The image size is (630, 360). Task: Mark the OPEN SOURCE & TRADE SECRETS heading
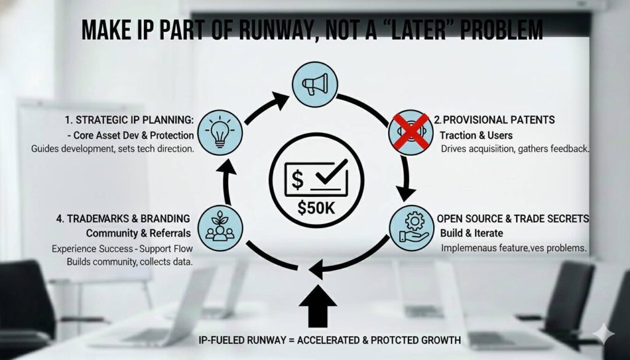(x=513, y=218)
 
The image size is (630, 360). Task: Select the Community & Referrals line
(x=138, y=233)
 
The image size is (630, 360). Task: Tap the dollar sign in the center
(x=297, y=180)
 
